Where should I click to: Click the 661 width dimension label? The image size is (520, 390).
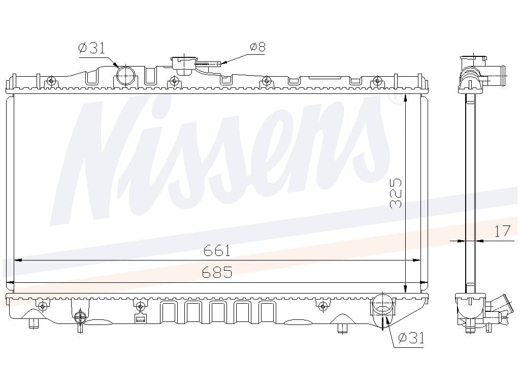[217, 250]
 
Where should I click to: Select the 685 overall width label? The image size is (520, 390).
[217, 272]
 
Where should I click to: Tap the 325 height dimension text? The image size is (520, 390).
[396, 193]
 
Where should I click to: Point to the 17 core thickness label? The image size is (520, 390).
[502, 231]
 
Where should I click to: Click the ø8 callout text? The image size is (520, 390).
[257, 47]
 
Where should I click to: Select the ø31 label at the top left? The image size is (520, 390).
[91, 48]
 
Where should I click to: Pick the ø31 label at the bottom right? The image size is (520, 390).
[411, 338]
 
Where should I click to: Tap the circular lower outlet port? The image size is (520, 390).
[383, 305]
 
